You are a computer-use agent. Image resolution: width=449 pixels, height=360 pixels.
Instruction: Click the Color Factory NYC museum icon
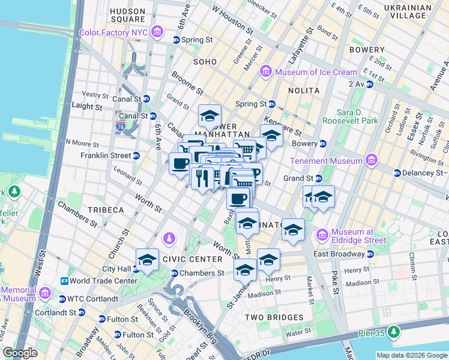tap(157, 31)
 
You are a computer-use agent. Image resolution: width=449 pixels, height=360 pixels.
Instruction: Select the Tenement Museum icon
tap(371, 161)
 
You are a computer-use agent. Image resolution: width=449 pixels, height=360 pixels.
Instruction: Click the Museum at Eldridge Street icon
tap(322, 233)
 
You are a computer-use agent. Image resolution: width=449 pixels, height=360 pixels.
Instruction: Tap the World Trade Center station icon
tap(64, 281)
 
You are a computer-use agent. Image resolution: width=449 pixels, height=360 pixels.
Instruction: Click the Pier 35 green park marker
tap(394, 331)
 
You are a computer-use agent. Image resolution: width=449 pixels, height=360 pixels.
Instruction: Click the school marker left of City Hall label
tap(147, 259)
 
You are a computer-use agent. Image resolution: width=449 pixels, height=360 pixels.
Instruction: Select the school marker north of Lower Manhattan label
tap(209, 115)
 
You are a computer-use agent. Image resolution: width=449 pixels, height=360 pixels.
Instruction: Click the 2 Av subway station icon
tap(370, 84)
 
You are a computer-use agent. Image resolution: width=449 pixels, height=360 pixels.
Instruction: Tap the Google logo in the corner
tap(20, 353)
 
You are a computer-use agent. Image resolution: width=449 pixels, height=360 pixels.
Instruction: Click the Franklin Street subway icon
tap(136, 155)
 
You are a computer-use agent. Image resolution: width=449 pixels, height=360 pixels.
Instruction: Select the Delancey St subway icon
tap(397, 173)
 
